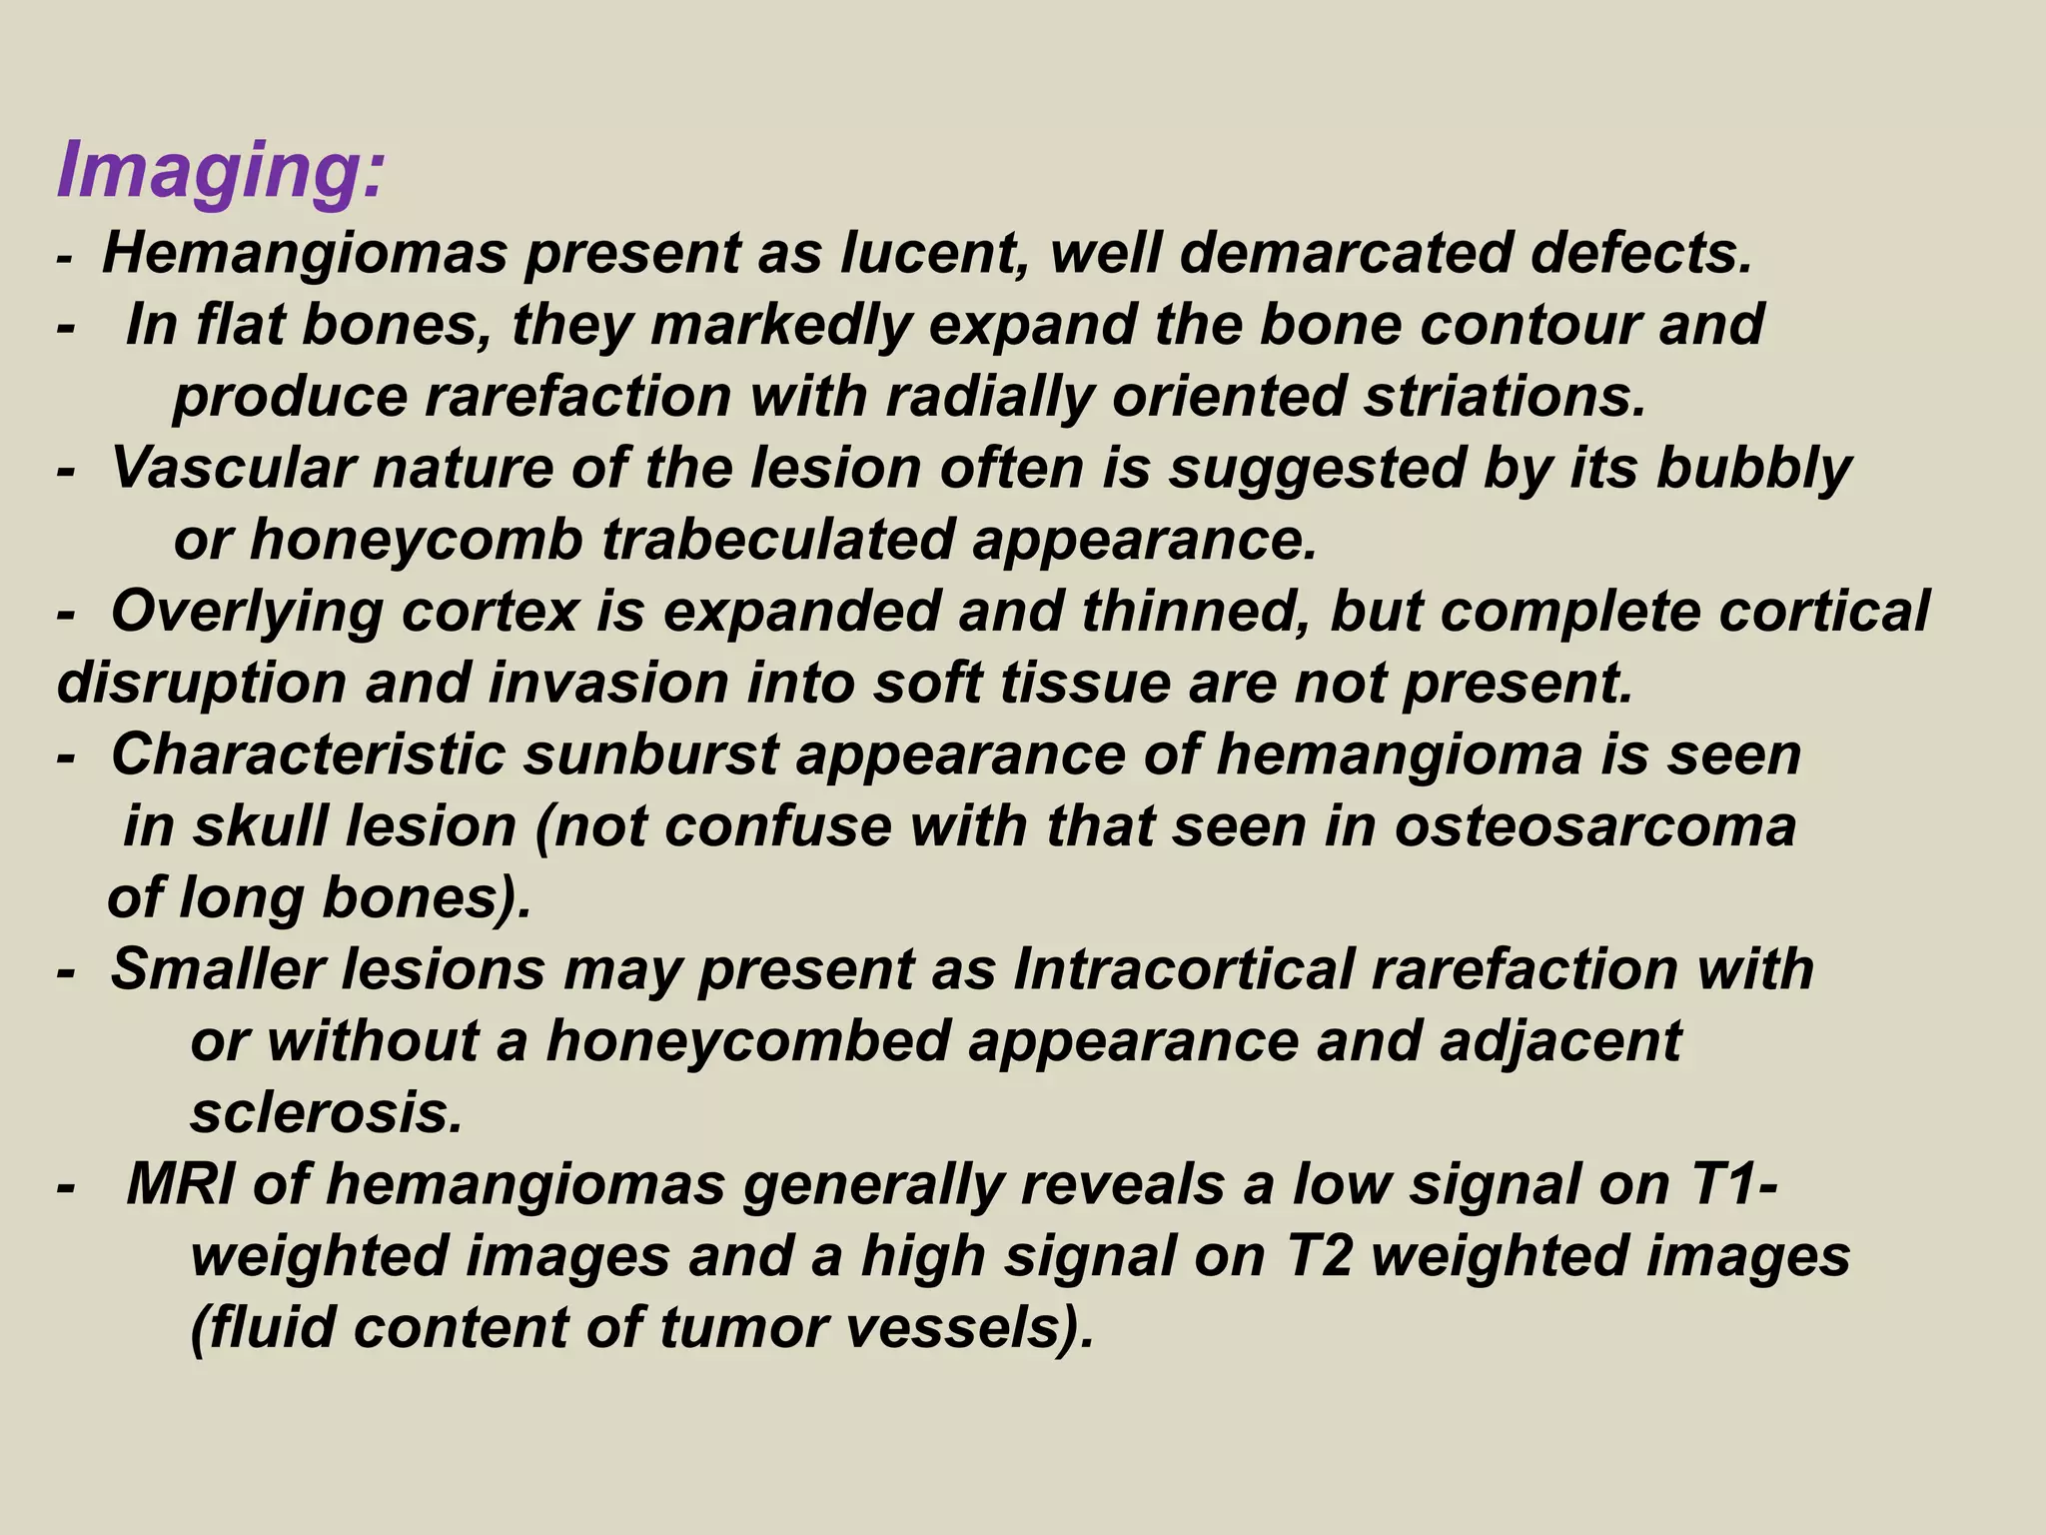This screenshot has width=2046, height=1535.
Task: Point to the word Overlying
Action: click(246, 612)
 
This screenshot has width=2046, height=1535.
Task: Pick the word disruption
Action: click(200, 684)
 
